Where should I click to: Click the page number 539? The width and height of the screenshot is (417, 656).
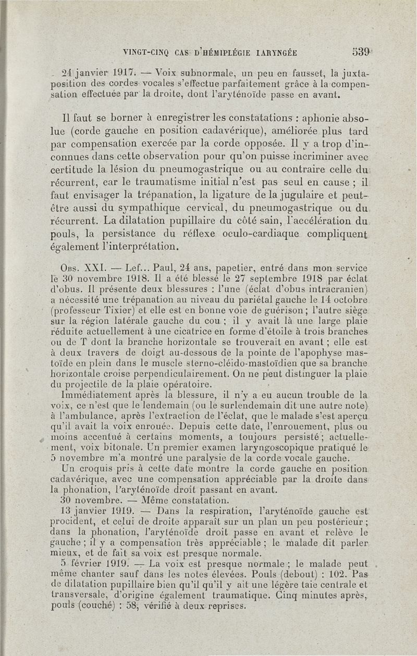[361, 52]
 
